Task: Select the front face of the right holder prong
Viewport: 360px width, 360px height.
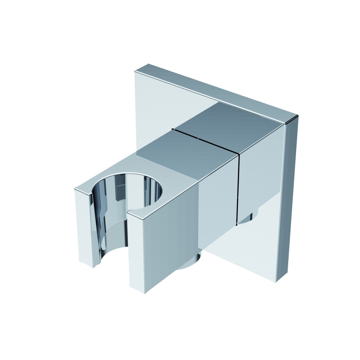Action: [146, 247]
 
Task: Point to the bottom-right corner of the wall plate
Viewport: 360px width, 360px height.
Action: [284, 281]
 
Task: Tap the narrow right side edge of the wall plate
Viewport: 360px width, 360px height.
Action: [291, 197]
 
